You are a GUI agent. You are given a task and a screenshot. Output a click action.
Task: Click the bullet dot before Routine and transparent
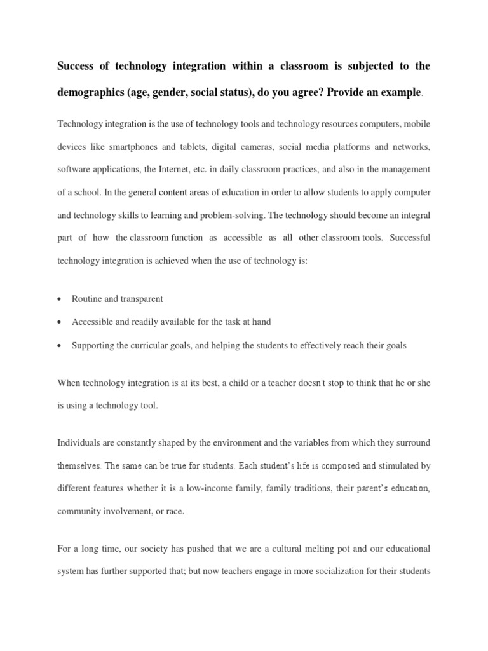[x=59, y=299]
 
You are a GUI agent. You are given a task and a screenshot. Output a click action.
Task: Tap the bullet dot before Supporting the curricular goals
[x=59, y=346]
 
